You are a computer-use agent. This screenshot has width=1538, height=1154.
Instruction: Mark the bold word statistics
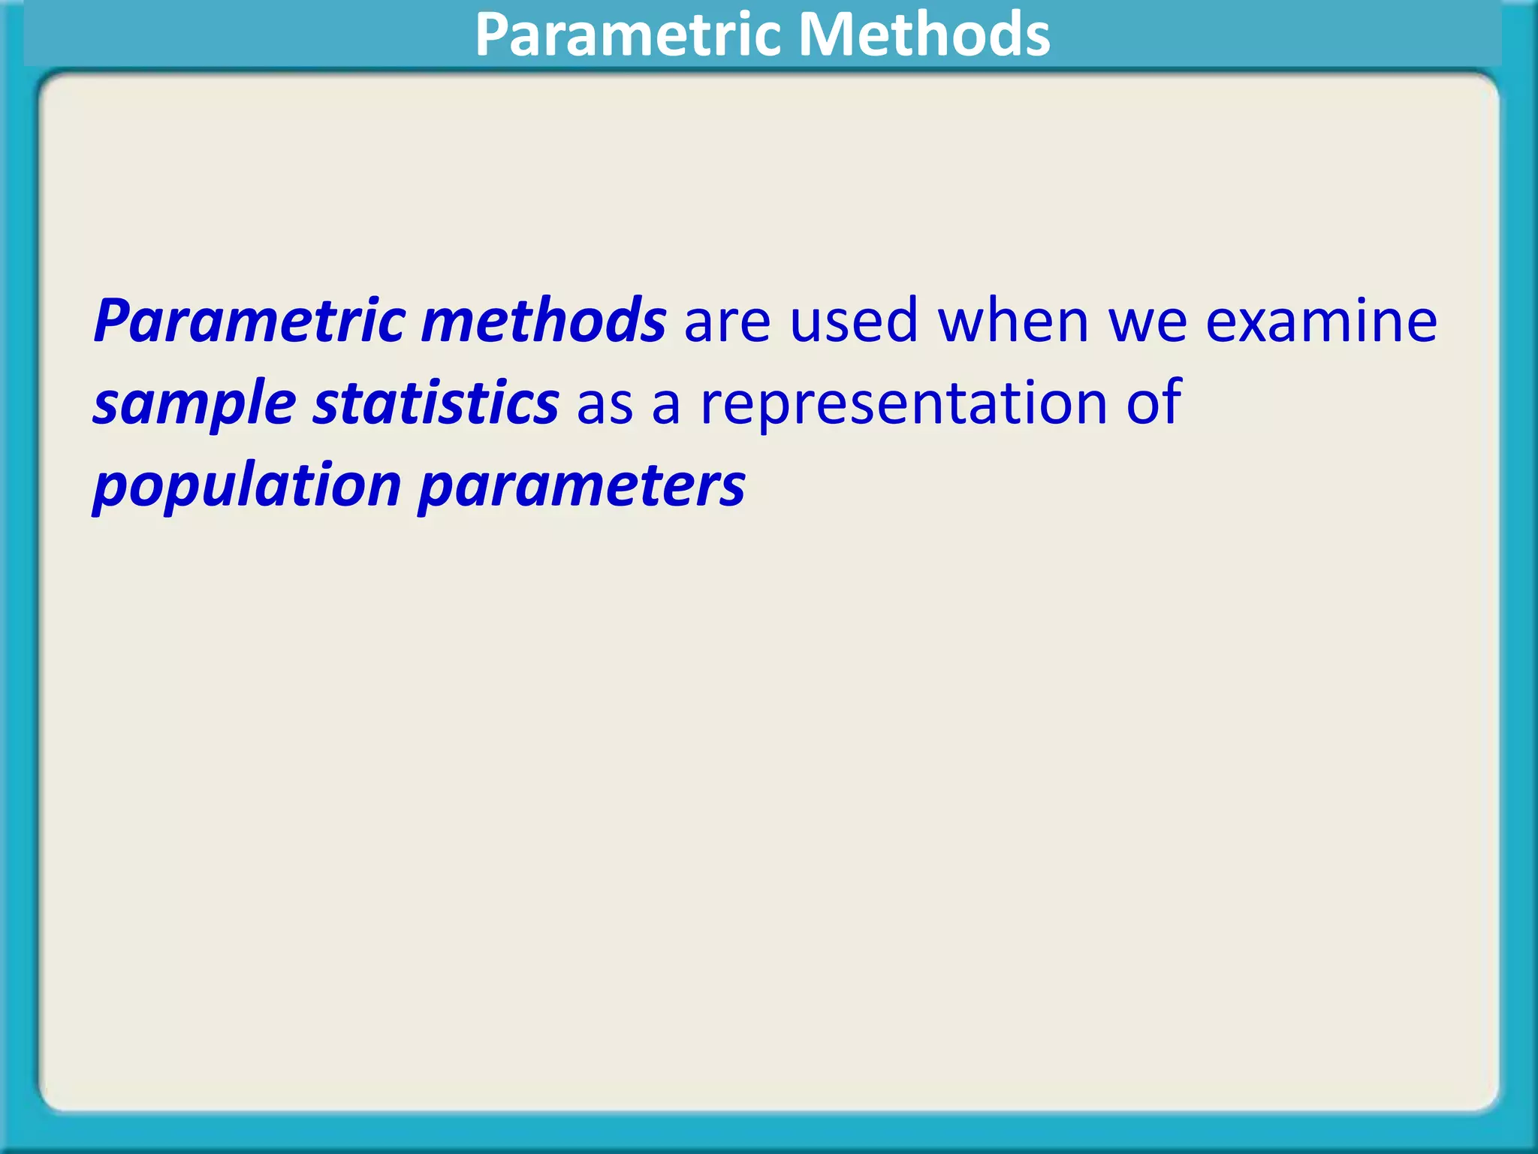click(436, 403)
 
